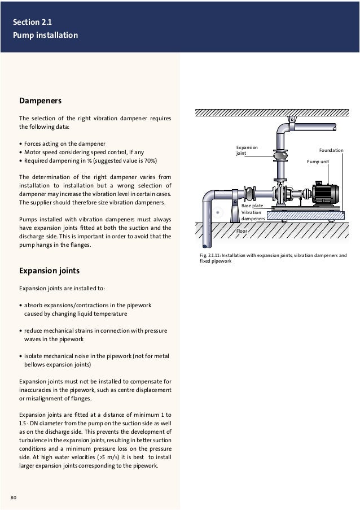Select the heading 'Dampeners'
click(x=40, y=101)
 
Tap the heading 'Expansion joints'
click(x=50, y=271)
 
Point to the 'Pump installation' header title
click(x=46, y=36)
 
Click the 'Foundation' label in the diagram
click(x=331, y=151)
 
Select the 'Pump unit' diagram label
click(x=318, y=161)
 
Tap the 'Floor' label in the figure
click(x=242, y=231)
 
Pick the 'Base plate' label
click(x=252, y=206)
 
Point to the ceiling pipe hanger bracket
click(x=292, y=119)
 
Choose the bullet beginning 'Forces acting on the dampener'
click(x=65, y=143)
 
